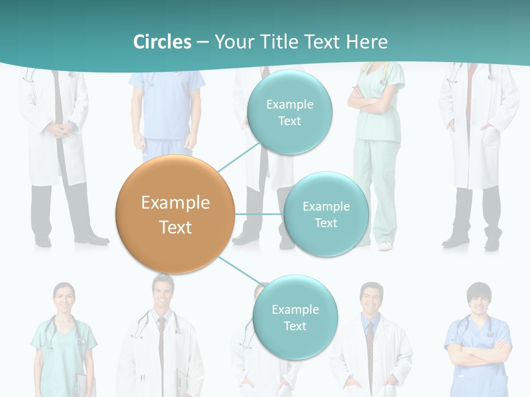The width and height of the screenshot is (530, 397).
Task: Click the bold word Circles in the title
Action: coord(162,42)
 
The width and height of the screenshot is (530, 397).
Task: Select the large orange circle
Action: coord(176,214)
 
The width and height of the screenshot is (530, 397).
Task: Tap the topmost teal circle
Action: coord(289,112)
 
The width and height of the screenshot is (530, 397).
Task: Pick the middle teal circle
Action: coord(326,214)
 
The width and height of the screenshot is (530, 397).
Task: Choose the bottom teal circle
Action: coord(295,317)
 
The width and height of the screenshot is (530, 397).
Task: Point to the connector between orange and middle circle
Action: coord(258,214)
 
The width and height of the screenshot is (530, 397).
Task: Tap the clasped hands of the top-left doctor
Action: coord(59,130)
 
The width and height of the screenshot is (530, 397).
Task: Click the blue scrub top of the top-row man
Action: coord(167,105)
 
